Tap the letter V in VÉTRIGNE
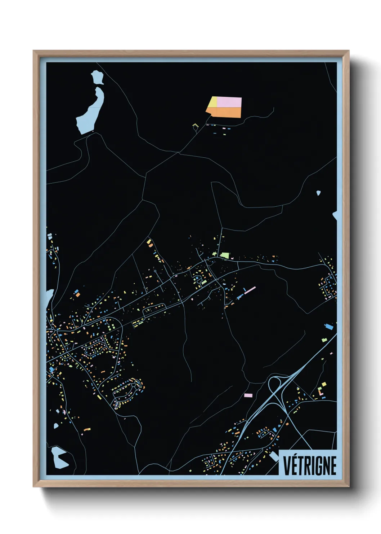(287, 465)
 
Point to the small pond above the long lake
(97, 77)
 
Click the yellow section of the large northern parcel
(212, 102)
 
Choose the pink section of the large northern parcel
(229, 102)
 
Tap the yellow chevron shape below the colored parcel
(196, 126)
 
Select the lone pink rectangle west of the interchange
(248, 395)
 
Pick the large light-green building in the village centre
(224, 255)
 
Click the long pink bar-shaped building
(250, 289)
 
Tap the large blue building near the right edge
(329, 327)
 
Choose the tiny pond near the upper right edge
(318, 193)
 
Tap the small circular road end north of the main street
(155, 271)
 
